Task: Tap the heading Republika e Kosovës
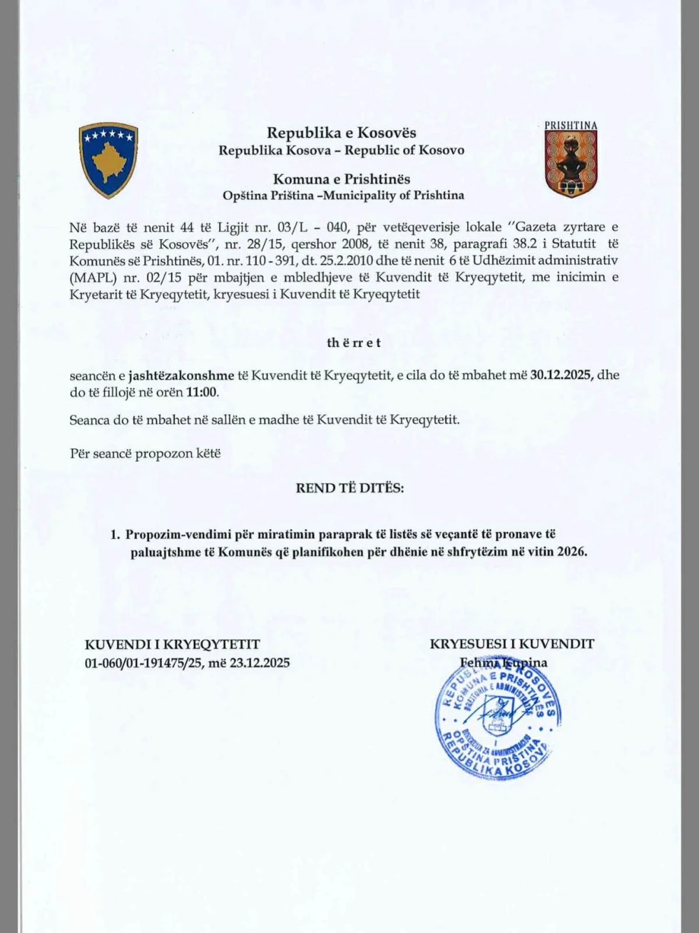341,133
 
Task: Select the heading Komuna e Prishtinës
341,178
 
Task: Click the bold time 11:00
203,392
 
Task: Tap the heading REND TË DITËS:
349,488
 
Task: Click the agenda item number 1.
114,534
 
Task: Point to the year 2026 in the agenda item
571,551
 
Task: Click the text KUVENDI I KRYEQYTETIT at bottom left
172,645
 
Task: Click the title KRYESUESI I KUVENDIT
511,644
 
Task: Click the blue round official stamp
499,717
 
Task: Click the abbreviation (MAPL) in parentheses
88,277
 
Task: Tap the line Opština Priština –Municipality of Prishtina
342,195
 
